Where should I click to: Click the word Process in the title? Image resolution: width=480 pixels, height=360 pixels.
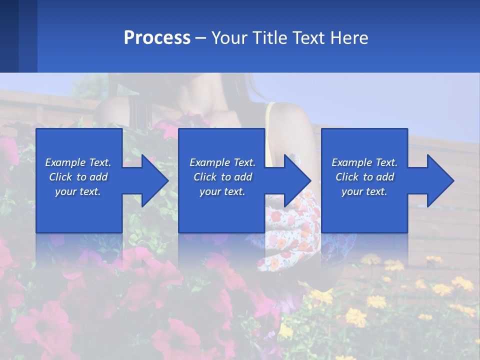pos(157,38)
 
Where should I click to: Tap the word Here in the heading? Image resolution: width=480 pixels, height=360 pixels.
pos(349,38)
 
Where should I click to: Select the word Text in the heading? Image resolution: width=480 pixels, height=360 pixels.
pos(309,38)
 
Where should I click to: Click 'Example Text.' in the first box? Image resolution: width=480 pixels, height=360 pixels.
pos(78,162)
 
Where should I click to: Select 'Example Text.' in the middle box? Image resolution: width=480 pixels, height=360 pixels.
pos(222,162)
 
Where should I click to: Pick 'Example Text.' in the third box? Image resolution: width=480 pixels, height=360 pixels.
pos(364,162)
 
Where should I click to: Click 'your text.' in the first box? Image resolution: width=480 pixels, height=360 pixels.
pos(78,191)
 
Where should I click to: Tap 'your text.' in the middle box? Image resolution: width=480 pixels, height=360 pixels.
pos(222,191)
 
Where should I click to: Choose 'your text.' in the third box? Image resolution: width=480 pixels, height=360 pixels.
pos(364,191)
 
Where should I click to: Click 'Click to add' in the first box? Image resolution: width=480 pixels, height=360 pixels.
pos(78,177)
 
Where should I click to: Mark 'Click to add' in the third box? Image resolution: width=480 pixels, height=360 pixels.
pos(364,177)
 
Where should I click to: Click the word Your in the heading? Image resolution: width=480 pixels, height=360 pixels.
pos(229,38)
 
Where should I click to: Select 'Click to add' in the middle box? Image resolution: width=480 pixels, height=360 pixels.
pos(222,177)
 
